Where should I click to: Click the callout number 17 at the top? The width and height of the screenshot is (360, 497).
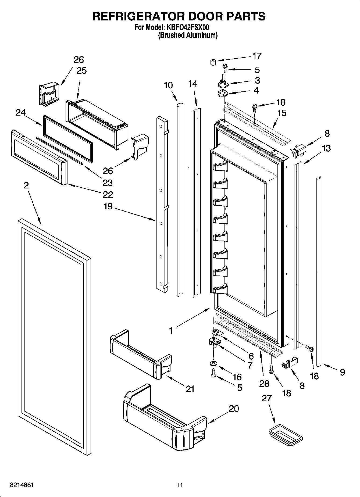(257, 56)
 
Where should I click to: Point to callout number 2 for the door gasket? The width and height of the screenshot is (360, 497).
(26, 185)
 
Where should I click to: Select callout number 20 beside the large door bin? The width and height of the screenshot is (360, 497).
(234, 409)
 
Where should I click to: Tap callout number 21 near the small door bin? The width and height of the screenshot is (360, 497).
(190, 389)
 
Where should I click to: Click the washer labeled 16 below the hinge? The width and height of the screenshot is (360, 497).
(213, 364)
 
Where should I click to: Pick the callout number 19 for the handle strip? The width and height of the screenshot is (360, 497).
(108, 207)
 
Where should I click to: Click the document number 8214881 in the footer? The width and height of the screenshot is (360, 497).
(22, 485)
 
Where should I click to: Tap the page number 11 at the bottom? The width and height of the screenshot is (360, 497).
(180, 485)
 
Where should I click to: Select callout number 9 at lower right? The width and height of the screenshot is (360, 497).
(342, 372)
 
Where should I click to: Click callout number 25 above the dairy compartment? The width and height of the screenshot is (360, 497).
(82, 71)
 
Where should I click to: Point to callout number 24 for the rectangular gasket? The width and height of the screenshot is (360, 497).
(20, 112)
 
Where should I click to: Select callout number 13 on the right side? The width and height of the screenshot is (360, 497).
(326, 148)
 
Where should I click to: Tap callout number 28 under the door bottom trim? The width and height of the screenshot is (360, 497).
(264, 383)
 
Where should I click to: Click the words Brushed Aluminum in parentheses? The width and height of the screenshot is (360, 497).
(188, 35)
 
